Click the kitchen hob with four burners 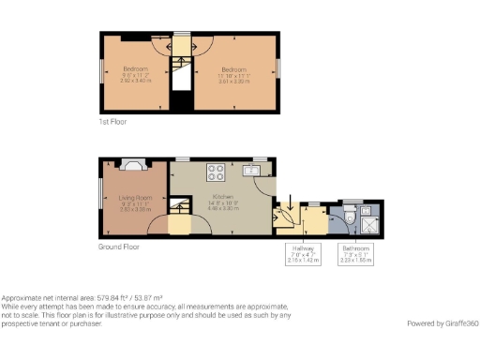point(216,172)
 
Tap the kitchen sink point(251,170)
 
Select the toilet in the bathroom point(350,217)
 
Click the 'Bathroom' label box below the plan point(356,254)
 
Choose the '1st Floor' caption point(112,122)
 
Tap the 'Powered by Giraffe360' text point(442,323)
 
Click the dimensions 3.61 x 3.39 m point(233,81)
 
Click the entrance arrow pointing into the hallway point(290,204)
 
